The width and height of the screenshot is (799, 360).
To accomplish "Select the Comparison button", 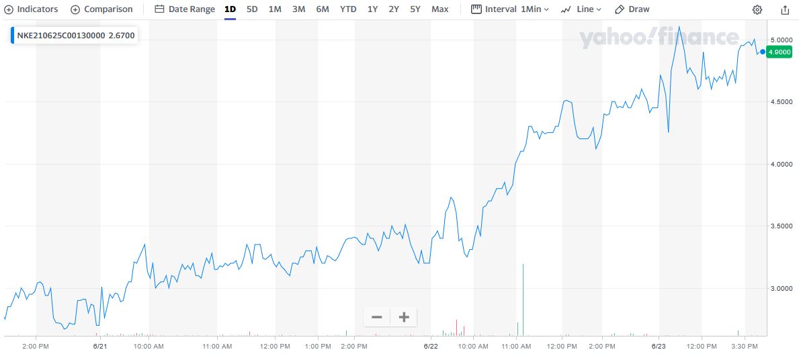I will point(102,9).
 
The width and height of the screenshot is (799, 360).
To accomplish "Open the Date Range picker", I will point(185,9).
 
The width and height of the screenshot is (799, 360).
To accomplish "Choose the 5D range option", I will point(252,9).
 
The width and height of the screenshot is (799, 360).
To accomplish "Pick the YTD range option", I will point(348,9).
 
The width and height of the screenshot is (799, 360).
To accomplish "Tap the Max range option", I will point(439,9).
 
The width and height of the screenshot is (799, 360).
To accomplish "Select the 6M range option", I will point(323,9).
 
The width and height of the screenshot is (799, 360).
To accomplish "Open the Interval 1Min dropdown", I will point(510,9).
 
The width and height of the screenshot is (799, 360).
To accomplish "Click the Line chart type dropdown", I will point(581,9).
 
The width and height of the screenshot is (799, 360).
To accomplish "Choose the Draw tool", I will point(632,9).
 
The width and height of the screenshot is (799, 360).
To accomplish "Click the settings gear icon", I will point(757,9).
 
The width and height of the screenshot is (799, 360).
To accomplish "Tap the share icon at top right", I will point(785,9).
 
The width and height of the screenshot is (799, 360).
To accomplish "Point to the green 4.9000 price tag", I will point(780,52).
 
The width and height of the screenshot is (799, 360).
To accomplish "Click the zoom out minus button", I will point(377,317).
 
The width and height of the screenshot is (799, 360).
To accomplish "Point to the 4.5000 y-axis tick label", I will point(782,101).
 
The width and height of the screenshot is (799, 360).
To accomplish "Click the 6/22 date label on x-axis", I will point(431,347).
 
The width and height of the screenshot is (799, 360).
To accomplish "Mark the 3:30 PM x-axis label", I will point(745,347).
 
